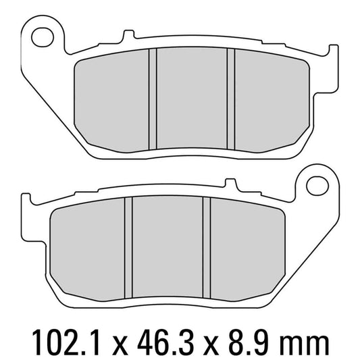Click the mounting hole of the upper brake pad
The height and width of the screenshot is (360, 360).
(x=43, y=35)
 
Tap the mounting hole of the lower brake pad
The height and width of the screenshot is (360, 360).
(x=317, y=183)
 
